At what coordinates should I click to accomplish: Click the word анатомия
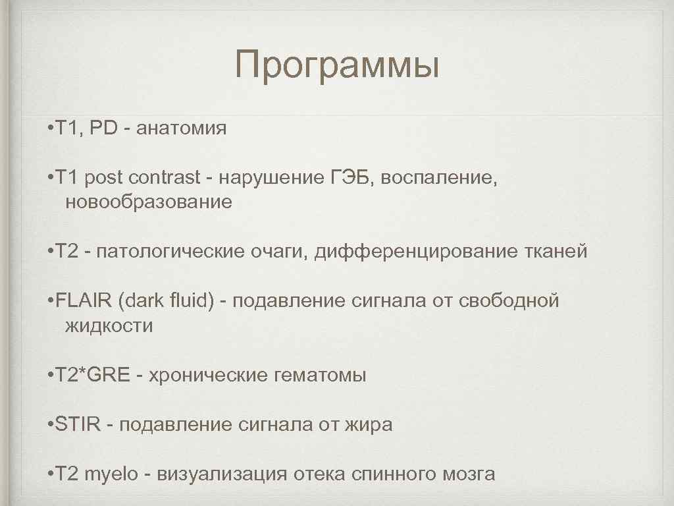[182, 128]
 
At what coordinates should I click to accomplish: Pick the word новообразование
[149, 202]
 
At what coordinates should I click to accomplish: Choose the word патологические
[167, 252]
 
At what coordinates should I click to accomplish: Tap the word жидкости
[109, 325]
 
